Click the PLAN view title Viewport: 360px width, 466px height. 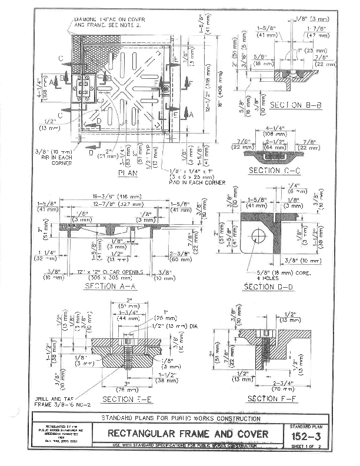coord(128,173)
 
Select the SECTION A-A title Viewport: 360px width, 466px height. coord(111,287)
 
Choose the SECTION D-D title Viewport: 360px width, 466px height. coord(268,287)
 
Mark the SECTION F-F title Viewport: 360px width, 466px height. coord(271,399)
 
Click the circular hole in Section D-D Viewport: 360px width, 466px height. coord(256,237)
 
